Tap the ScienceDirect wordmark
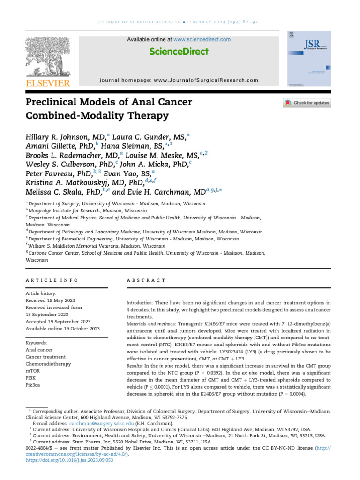(x=179, y=52)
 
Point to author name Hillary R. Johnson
(x=64, y=137)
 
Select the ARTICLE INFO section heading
(x=52, y=280)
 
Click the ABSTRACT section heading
(x=146, y=280)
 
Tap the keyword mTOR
(x=32, y=371)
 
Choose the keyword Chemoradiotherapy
(x=49, y=364)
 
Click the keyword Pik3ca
(x=33, y=385)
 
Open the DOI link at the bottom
(x=69, y=460)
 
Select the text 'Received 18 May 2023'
(x=51, y=300)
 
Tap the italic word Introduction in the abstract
(x=140, y=303)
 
